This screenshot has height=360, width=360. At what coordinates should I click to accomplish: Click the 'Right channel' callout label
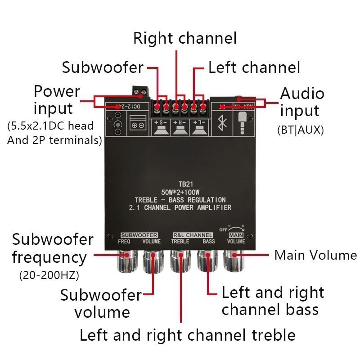click(184, 38)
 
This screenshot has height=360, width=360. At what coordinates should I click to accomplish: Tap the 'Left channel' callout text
click(254, 67)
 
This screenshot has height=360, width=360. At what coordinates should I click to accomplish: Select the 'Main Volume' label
click(315, 256)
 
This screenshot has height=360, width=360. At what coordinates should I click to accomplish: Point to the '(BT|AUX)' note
click(301, 130)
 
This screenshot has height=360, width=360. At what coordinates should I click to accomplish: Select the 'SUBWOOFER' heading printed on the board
click(139, 235)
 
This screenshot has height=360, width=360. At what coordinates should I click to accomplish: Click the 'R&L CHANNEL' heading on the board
click(193, 235)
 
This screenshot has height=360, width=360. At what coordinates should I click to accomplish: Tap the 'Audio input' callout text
click(301, 102)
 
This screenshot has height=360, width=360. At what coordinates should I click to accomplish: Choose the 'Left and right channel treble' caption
click(187, 335)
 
